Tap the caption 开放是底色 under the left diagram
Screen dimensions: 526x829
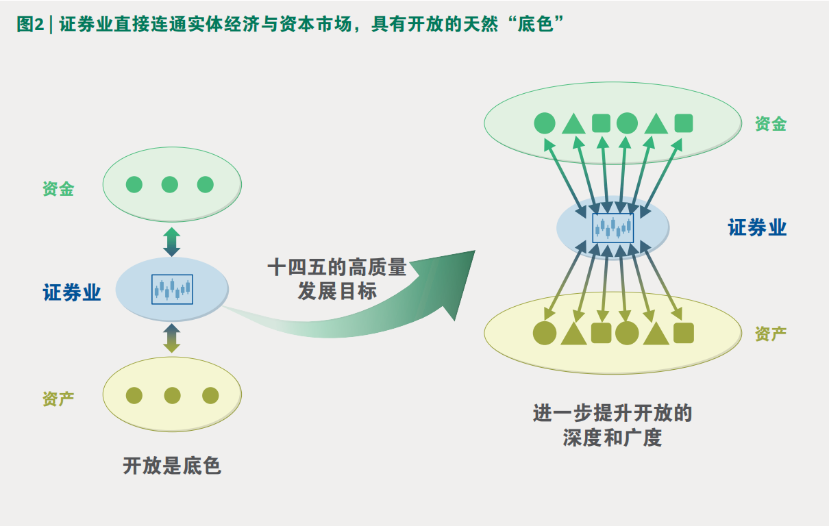point(172,466)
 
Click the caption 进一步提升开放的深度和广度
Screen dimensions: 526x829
point(613,425)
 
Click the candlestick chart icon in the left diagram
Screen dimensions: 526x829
point(172,290)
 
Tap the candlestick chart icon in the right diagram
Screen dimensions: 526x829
point(613,227)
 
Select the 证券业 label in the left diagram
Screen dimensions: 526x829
point(72,293)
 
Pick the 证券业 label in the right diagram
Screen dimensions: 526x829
point(757,227)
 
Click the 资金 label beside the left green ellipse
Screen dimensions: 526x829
point(58,189)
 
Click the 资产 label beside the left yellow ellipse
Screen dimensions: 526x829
point(58,399)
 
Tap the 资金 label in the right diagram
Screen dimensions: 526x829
point(771,124)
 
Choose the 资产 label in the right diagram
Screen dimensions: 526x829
point(771,334)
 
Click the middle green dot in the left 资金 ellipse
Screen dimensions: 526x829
point(170,184)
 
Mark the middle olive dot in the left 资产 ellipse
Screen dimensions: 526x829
point(172,395)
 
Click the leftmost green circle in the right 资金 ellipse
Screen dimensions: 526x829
point(545,123)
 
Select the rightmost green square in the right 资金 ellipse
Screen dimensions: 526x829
point(684,123)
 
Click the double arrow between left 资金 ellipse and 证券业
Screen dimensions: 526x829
point(172,242)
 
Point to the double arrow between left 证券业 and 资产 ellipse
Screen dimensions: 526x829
point(172,338)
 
